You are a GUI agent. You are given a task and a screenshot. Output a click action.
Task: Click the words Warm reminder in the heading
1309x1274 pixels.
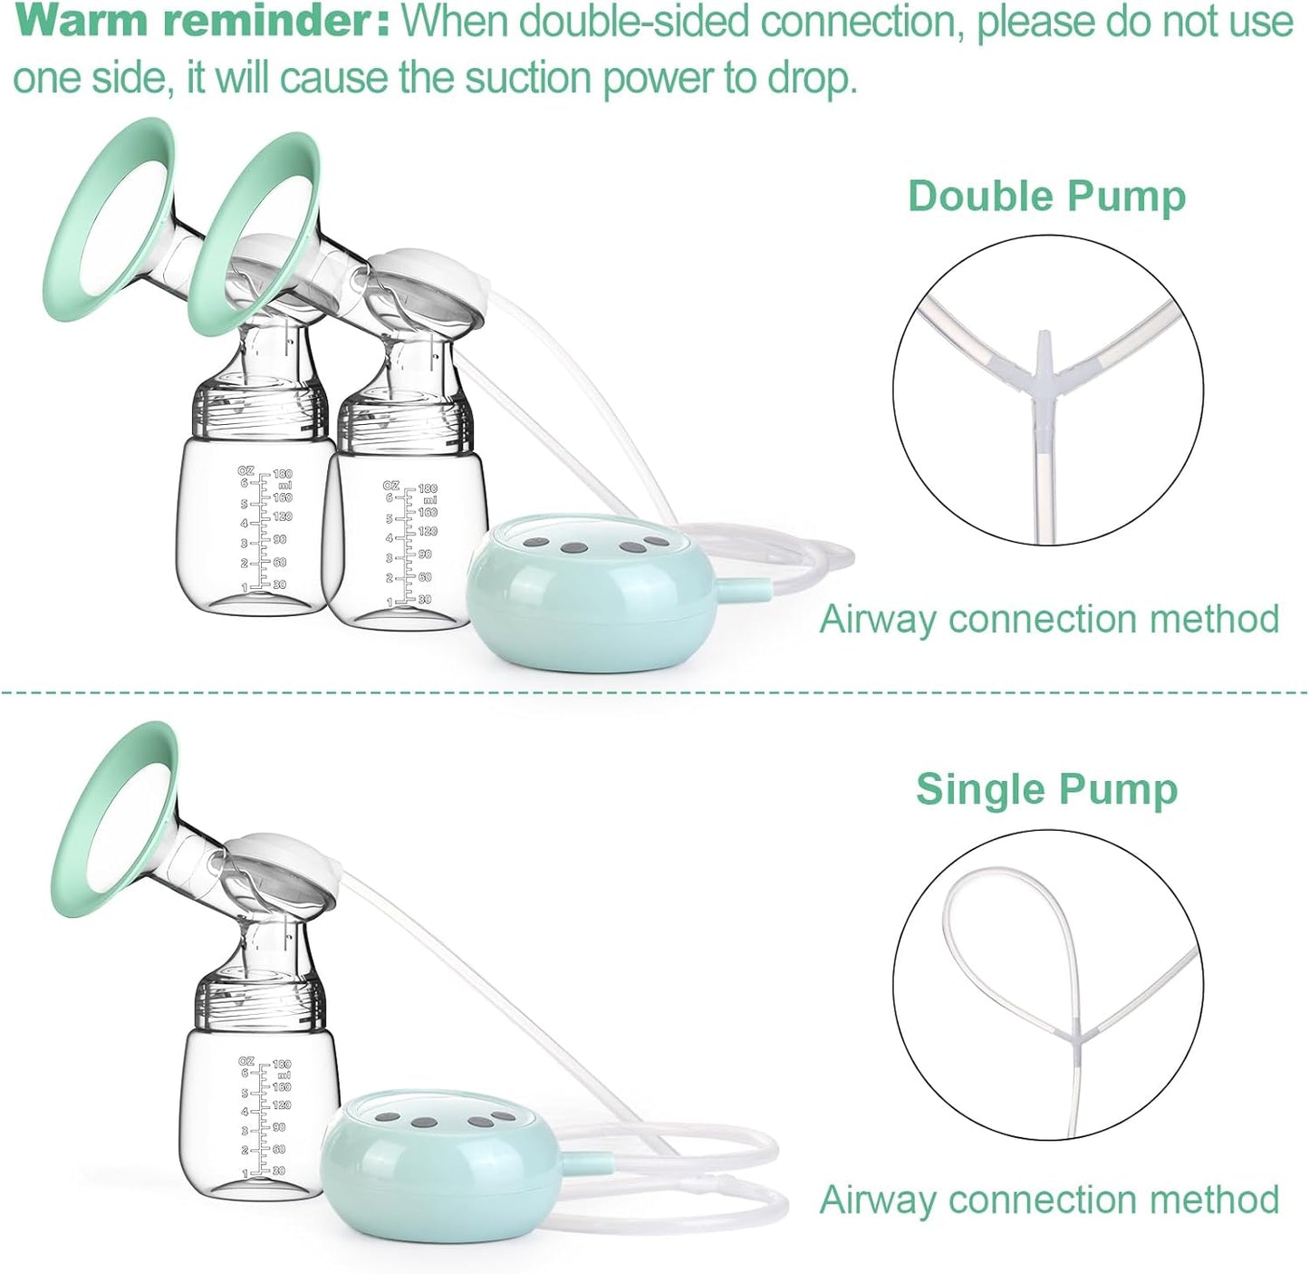click(x=207, y=22)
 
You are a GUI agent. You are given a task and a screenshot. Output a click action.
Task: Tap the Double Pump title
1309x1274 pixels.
click(x=1046, y=198)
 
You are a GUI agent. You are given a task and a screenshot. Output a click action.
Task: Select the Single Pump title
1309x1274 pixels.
click(x=1046, y=789)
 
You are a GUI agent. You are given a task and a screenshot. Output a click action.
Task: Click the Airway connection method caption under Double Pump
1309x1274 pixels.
click(x=1049, y=619)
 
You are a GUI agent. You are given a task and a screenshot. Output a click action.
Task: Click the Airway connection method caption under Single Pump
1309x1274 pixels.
click(x=1049, y=1200)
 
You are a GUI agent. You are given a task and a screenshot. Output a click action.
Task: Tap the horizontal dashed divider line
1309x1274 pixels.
click(x=654, y=691)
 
